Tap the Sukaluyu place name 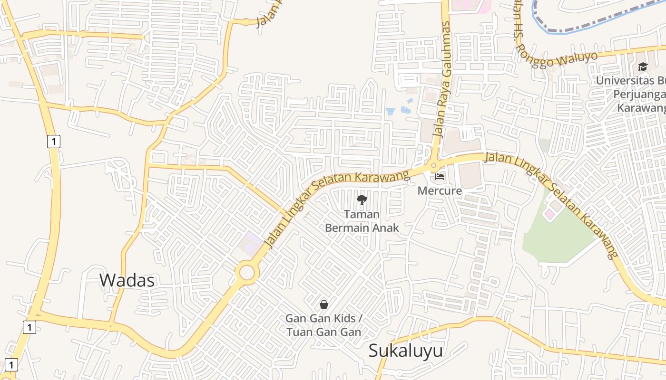coord(406,351)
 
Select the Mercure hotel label coord(440,190)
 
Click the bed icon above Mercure coord(440,177)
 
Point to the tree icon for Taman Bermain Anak coord(362,200)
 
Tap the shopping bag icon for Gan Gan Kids coord(324,304)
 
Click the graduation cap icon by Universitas coord(643,66)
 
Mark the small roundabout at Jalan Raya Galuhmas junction coord(433,166)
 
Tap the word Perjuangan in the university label coord(639,94)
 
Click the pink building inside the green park coord(549,214)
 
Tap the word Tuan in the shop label coord(298,332)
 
